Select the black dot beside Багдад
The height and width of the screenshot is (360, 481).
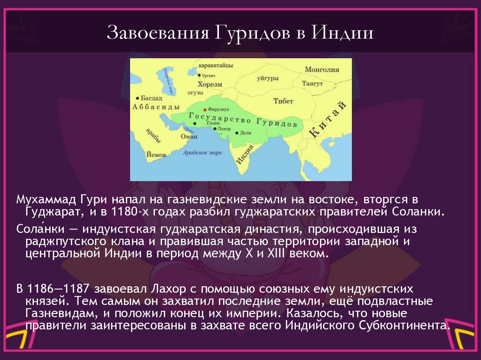[137, 99]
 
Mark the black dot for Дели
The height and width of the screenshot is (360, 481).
[237, 133]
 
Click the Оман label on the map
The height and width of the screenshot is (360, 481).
[189, 137]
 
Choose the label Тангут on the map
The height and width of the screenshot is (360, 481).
[312, 84]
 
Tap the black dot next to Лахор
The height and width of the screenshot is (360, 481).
[215, 128]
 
